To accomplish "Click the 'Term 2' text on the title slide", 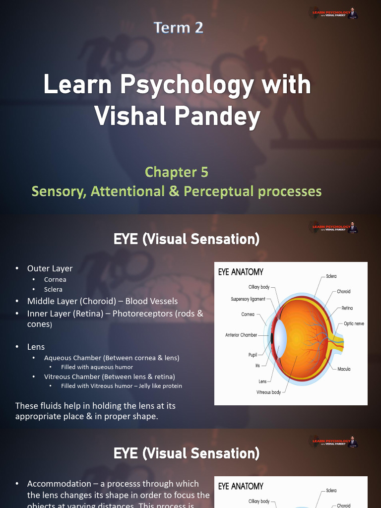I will [x=179, y=28].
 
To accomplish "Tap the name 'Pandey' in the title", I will [x=220, y=117].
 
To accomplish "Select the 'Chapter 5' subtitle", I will [x=176, y=172].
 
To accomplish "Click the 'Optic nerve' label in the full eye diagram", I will [x=354, y=323].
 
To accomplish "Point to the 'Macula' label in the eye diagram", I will [x=344, y=369].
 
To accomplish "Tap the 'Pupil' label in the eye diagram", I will [x=253, y=355].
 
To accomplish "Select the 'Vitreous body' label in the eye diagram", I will [x=268, y=392].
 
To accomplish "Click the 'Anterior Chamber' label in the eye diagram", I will [x=241, y=335].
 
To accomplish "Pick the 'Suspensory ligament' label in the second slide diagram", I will [x=248, y=299].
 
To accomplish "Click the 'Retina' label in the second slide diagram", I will [x=347, y=308].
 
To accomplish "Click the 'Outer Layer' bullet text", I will [x=50, y=268].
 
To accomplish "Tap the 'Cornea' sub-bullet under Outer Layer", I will [x=55, y=279].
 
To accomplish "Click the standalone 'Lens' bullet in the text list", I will [x=36, y=347].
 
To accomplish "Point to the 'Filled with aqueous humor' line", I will [x=97, y=367].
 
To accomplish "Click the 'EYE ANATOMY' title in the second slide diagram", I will [x=241, y=272].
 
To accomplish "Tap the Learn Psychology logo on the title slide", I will [x=334, y=13].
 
